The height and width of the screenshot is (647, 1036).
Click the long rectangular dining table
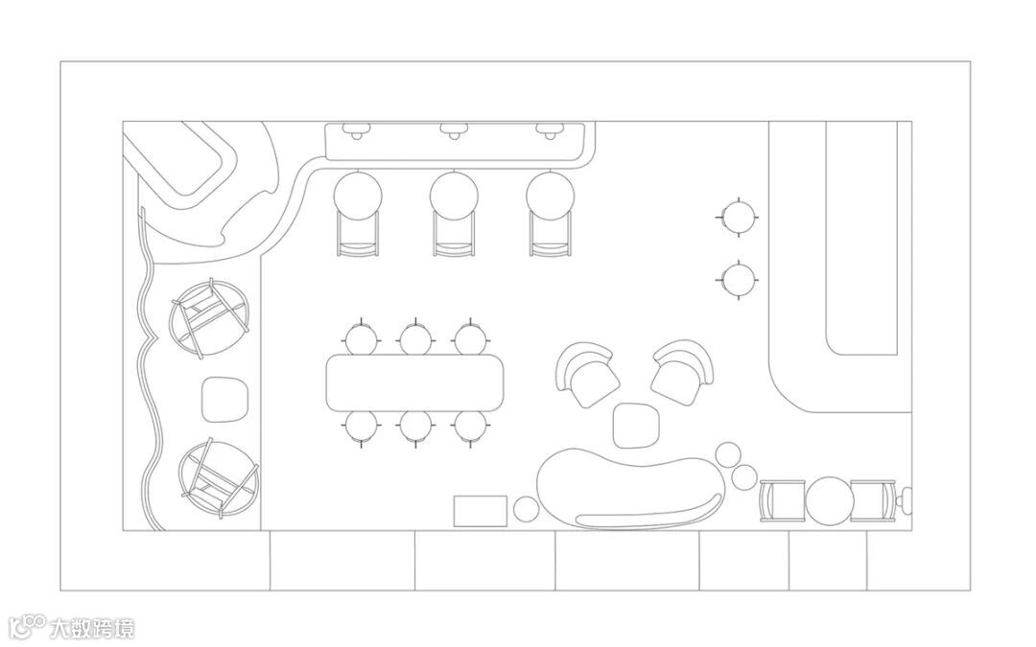414,381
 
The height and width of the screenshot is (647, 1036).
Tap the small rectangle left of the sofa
480,511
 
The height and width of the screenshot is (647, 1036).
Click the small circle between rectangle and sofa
526,510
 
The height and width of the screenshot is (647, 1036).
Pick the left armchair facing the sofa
588,375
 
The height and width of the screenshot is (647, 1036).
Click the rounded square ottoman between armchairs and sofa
634,426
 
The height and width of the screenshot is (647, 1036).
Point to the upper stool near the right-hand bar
738,217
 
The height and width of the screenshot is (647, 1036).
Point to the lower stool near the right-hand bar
738,280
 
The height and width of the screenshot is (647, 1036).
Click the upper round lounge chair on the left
210,318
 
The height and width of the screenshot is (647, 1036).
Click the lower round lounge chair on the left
218,476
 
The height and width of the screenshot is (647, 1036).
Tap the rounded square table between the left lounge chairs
225,399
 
